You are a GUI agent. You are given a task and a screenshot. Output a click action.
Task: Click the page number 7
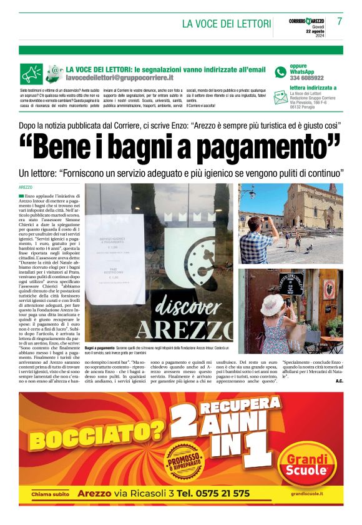340,21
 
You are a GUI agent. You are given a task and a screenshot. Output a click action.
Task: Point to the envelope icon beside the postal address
280,96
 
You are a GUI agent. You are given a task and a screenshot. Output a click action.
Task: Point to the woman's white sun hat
273,306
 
